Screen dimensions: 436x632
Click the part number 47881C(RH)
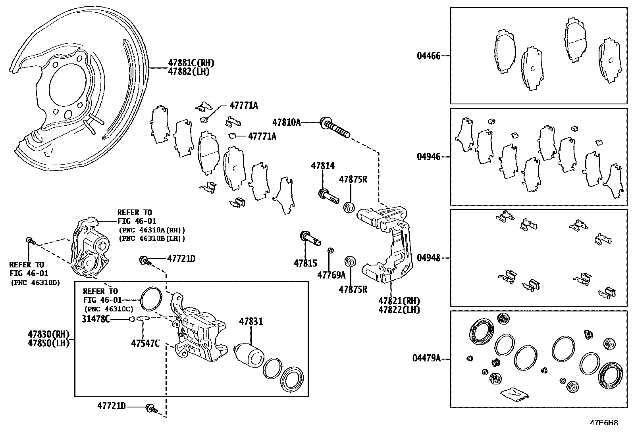pyautogui.click(x=191, y=63)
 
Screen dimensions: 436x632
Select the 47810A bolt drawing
pyautogui.click(x=335, y=127)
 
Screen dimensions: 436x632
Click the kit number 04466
pyautogui.click(x=428, y=56)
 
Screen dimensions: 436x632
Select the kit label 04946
pyautogui.click(x=428, y=157)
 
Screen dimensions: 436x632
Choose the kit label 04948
pyautogui.click(x=428, y=258)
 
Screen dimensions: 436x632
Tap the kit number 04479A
pyautogui.click(x=426, y=359)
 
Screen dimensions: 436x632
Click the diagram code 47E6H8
pyautogui.click(x=604, y=423)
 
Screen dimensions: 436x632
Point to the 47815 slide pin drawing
pyautogui.click(x=310, y=238)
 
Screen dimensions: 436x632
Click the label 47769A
pyautogui.click(x=331, y=275)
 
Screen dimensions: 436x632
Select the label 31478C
pyautogui.click(x=96, y=319)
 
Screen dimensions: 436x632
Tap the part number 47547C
pyautogui.click(x=145, y=343)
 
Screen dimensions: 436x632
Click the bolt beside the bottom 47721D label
pyautogui.click(x=151, y=407)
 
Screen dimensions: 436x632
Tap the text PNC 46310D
pyautogui.click(x=35, y=283)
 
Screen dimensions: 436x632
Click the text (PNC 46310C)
pyautogui.click(x=108, y=309)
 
